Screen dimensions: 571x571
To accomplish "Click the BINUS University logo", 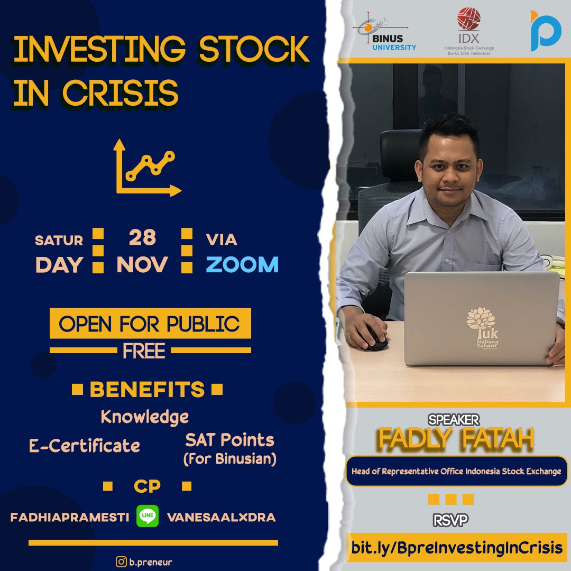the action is (x=384, y=33).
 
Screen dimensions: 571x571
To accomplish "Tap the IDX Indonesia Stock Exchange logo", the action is (x=469, y=31).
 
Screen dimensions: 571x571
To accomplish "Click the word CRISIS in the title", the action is (x=121, y=93).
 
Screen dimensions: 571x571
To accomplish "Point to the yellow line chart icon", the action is (x=147, y=168).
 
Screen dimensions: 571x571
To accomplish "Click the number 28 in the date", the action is (x=142, y=237).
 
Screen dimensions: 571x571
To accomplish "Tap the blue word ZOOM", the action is (x=242, y=264).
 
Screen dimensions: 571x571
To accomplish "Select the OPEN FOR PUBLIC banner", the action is (x=150, y=324).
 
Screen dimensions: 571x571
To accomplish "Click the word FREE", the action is (x=144, y=351).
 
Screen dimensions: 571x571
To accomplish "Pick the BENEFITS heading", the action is (x=147, y=389).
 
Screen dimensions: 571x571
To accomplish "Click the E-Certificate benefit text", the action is (x=85, y=445).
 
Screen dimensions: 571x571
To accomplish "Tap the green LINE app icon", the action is (x=148, y=516).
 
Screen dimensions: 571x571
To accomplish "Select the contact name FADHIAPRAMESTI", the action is (x=70, y=517).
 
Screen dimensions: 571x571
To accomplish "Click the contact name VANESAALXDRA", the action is (x=221, y=517).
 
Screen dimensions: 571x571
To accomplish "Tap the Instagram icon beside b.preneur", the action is (x=121, y=561).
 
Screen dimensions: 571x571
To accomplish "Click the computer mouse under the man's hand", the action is (x=375, y=339).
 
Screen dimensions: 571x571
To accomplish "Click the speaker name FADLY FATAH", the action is (x=456, y=439).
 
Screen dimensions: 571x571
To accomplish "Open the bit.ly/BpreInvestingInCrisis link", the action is (x=457, y=547).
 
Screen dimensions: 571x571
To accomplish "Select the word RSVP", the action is (x=450, y=520).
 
